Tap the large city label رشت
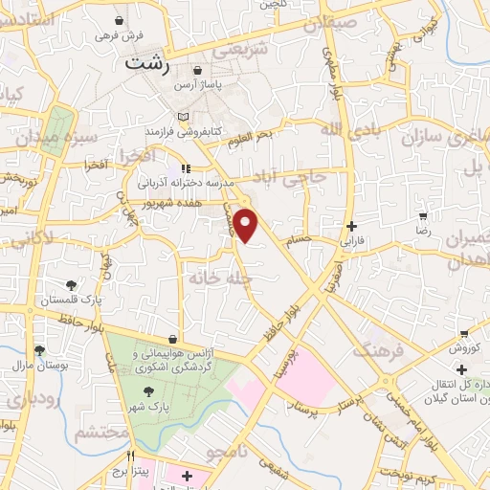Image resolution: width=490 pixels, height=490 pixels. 150,65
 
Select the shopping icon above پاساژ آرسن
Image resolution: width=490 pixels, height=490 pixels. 197,70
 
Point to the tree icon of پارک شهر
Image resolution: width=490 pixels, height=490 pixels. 148,391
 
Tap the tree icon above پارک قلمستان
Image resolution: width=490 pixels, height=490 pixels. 71,284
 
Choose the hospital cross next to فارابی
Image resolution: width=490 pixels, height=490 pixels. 352,227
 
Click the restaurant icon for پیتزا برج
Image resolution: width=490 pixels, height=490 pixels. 131,457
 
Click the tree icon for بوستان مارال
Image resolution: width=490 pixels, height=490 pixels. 39,350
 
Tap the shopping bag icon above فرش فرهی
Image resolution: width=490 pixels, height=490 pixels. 120,20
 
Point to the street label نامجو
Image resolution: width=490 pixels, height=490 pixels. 230,450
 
